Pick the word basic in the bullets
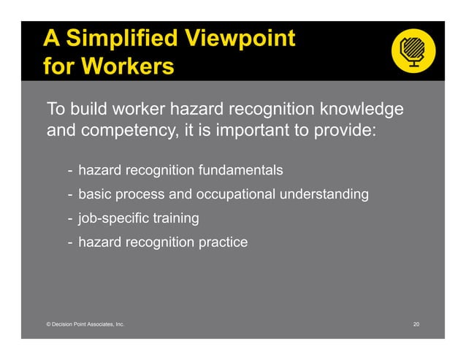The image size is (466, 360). [x=94, y=195]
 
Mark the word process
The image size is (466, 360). [x=140, y=195]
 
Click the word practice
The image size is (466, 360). [x=223, y=242]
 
